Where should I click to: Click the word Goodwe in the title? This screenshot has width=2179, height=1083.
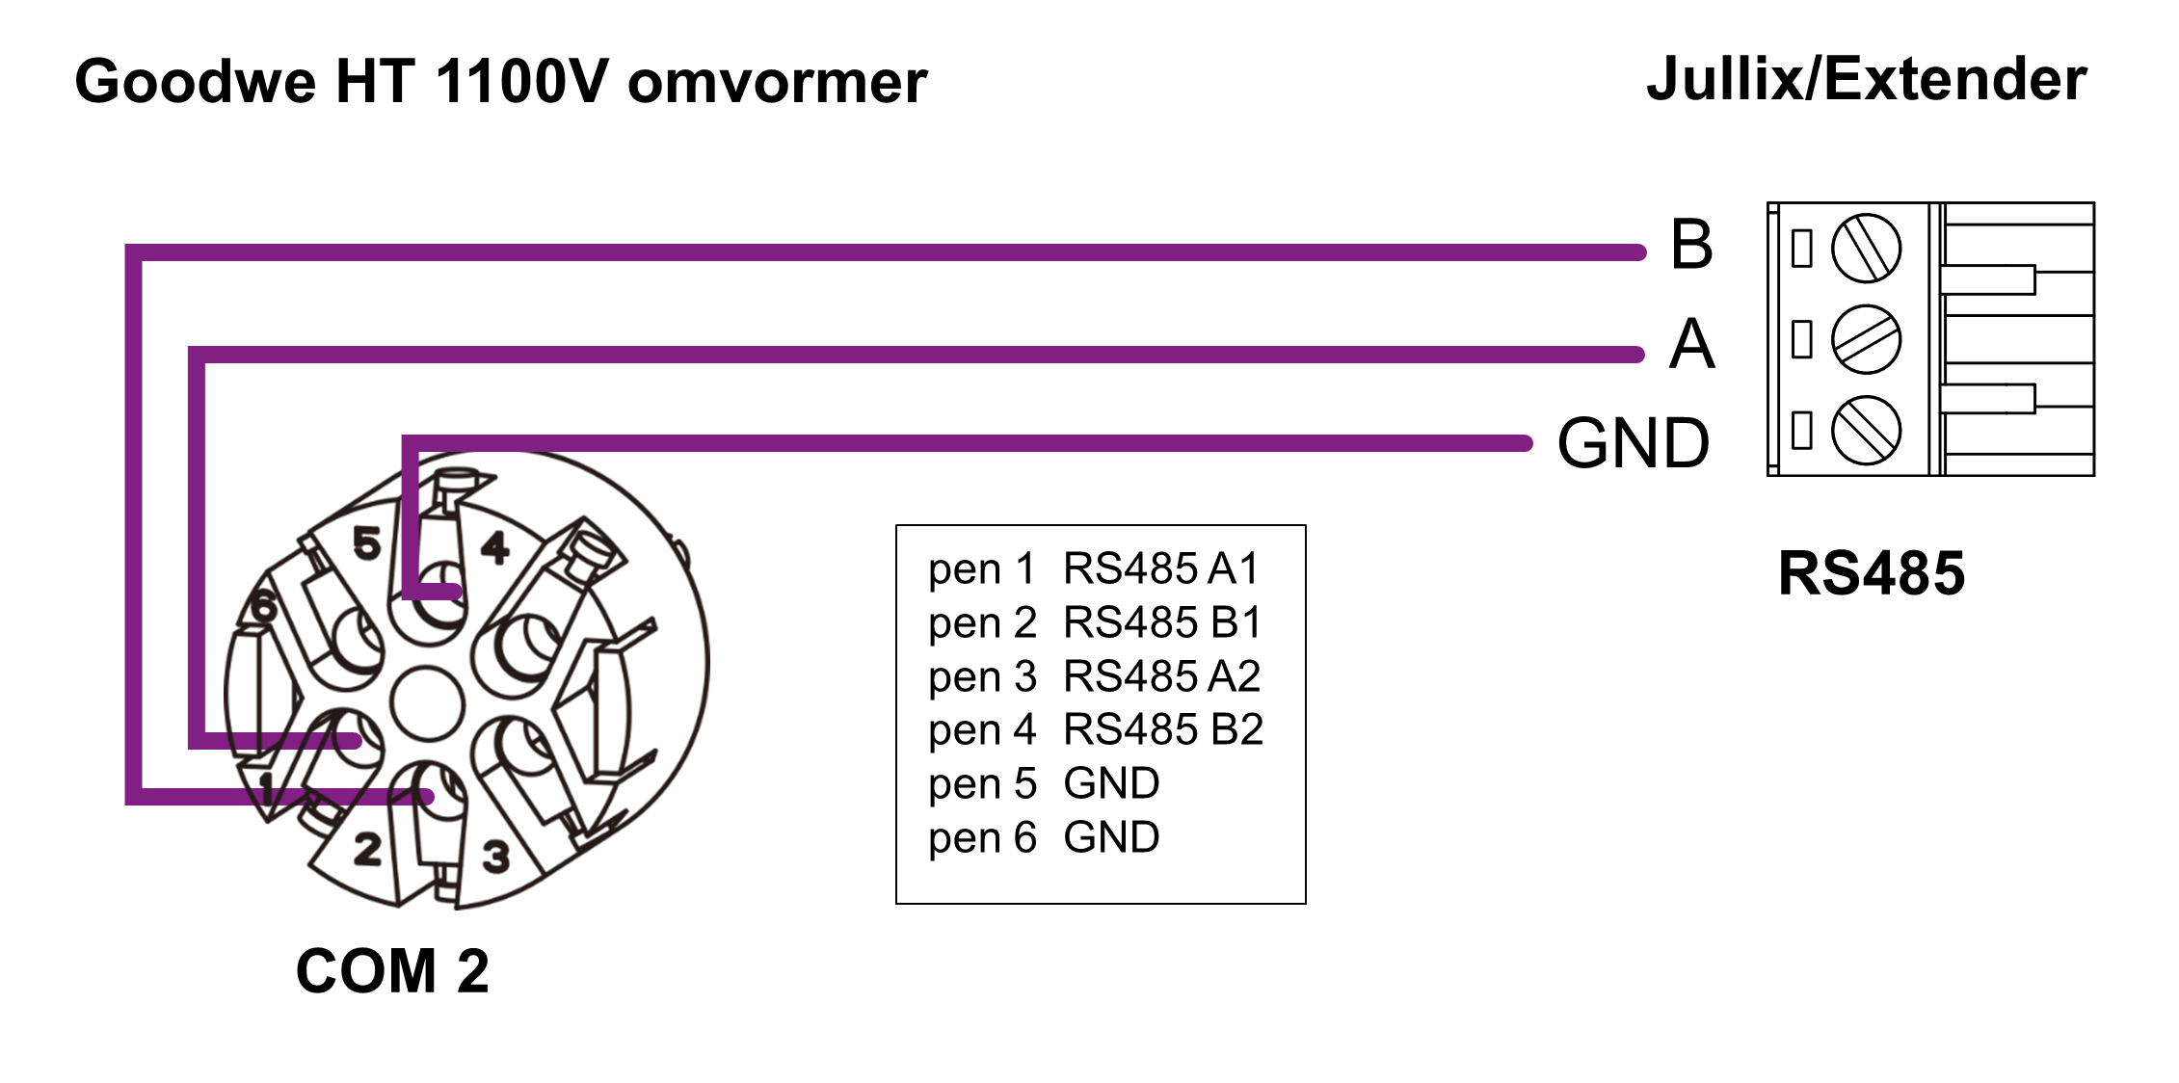point(195,82)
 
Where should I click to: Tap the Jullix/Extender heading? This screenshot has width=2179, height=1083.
point(1867,79)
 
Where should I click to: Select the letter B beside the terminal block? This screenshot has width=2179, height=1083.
point(1691,245)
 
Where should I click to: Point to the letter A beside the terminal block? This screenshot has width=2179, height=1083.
point(1692,345)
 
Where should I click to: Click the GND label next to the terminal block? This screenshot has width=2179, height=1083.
point(1634,444)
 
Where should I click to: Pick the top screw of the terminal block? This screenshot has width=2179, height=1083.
point(1866,249)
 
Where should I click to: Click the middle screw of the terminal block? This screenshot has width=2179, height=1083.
point(1866,339)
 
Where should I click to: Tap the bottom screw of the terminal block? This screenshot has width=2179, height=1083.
point(1866,431)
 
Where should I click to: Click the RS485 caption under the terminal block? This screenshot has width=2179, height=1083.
point(1871,574)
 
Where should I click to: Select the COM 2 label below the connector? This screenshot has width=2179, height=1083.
point(392,971)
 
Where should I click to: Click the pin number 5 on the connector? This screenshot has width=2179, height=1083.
point(367,544)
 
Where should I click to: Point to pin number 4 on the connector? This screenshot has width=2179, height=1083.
point(495,548)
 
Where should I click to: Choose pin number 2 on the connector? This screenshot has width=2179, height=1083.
point(367,850)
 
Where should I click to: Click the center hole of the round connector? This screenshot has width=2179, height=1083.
point(428,702)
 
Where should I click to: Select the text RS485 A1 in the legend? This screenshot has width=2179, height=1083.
point(1161,569)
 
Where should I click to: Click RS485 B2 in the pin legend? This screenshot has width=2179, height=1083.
point(1163,730)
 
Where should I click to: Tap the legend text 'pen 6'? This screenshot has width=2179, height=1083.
point(982,838)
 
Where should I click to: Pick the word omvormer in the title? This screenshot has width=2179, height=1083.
point(777,82)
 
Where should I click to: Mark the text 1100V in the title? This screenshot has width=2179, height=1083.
point(521,82)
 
